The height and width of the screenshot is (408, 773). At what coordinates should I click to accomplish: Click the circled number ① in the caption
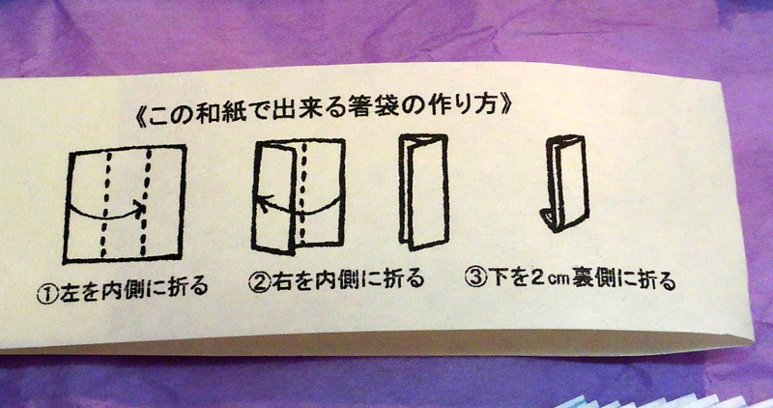pos(46,295)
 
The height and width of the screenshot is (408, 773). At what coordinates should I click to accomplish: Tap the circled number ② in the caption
pos(259,282)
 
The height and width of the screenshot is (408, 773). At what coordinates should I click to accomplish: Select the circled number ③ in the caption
pos(475,277)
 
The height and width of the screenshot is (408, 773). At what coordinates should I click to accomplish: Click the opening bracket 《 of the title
pos(142,119)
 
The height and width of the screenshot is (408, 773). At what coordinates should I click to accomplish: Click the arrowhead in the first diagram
pos(139,209)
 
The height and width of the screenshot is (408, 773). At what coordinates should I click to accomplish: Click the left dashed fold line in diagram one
pos(106,205)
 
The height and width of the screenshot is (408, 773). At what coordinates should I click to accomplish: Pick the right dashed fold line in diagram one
pos(146,203)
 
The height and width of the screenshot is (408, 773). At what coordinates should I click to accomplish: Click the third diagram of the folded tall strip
pos(423,191)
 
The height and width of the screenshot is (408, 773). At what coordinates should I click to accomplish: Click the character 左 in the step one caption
pos(69,294)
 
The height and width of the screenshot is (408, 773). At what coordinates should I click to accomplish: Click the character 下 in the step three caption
pos(498,277)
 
